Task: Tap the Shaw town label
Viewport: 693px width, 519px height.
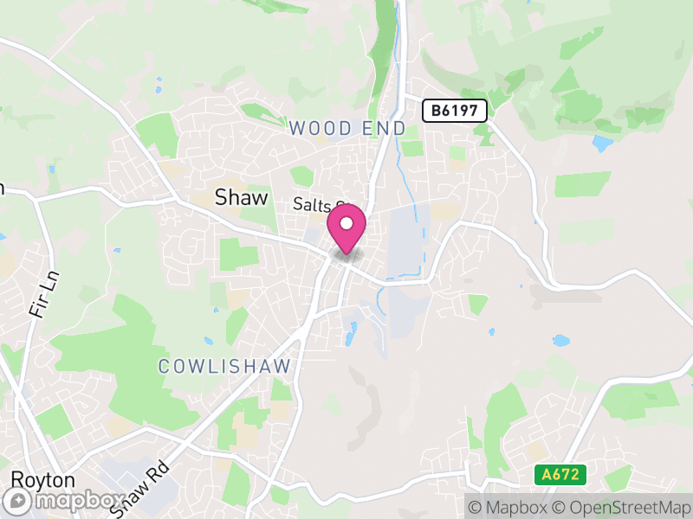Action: point(241,198)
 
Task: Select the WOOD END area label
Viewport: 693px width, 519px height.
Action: point(346,129)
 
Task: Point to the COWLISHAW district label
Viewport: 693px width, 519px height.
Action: point(224,367)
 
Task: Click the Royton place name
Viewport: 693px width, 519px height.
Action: point(42,480)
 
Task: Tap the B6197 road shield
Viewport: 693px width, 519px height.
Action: point(455,111)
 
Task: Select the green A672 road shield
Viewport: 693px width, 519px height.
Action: point(560,475)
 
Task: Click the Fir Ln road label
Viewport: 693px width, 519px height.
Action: point(41,293)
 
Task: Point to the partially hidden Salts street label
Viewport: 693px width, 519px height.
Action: point(317,205)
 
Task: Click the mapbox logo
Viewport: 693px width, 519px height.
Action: point(65,501)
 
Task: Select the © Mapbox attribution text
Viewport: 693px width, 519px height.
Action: point(510,506)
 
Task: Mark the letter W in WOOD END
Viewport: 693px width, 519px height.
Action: point(297,129)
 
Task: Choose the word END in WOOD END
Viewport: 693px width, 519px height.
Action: point(385,129)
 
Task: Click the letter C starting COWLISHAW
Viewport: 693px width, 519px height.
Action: point(164,367)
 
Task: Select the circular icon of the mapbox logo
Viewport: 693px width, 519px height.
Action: point(16,501)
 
